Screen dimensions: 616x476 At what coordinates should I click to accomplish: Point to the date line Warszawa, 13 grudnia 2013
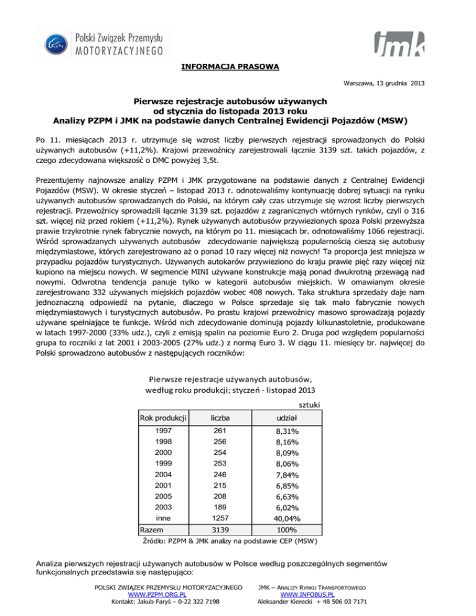point(386,83)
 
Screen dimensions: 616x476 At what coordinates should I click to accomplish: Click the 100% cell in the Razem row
point(287,530)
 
